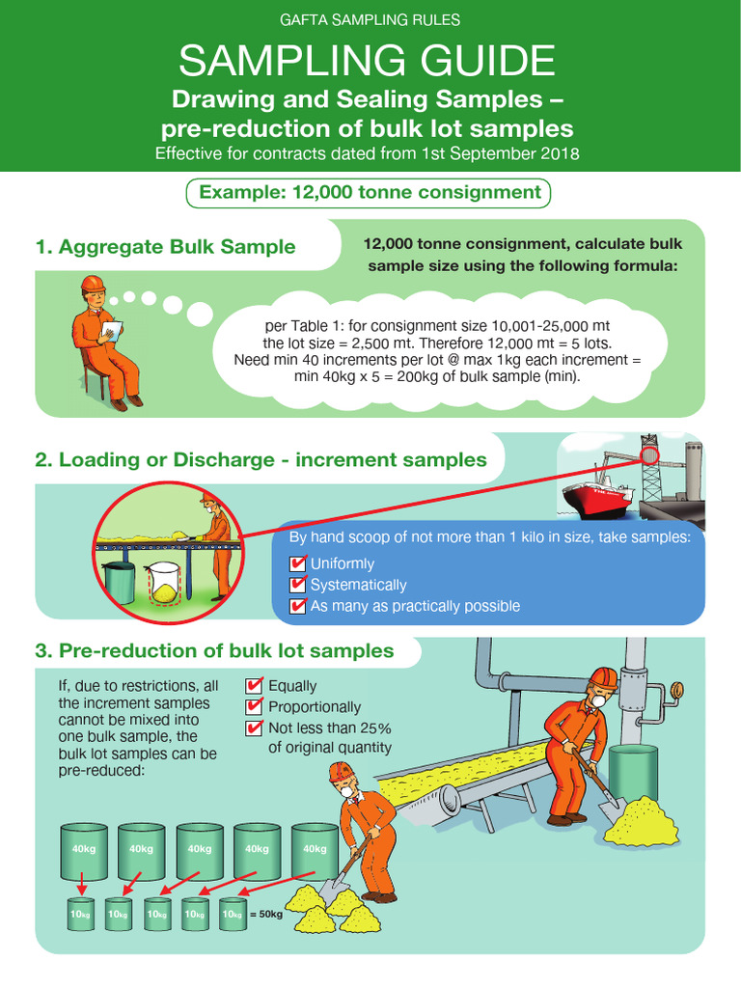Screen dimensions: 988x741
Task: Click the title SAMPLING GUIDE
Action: tap(367, 62)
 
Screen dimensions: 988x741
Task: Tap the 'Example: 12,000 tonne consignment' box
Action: tap(369, 193)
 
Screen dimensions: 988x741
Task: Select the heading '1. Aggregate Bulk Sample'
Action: tap(165, 247)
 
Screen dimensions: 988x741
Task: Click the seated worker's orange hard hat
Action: tap(93, 283)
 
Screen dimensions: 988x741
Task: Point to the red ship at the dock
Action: tap(599, 495)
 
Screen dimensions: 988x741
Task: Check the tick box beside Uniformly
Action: tap(298, 563)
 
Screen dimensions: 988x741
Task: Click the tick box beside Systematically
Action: tap(298, 585)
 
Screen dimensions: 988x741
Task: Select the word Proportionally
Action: tap(315, 707)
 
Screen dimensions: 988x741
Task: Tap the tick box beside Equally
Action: tap(255, 686)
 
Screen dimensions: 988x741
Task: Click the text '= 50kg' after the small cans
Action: tap(266, 914)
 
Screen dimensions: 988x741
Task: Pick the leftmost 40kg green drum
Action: tap(85, 849)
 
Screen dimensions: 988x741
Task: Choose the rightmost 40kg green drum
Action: tap(315, 849)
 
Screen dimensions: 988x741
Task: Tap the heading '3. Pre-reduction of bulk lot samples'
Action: tap(214, 651)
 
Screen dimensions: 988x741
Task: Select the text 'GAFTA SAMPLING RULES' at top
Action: tap(370, 19)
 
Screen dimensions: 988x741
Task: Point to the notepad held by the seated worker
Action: tap(111, 331)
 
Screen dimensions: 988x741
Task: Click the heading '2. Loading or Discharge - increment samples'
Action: tap(261, 460)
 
